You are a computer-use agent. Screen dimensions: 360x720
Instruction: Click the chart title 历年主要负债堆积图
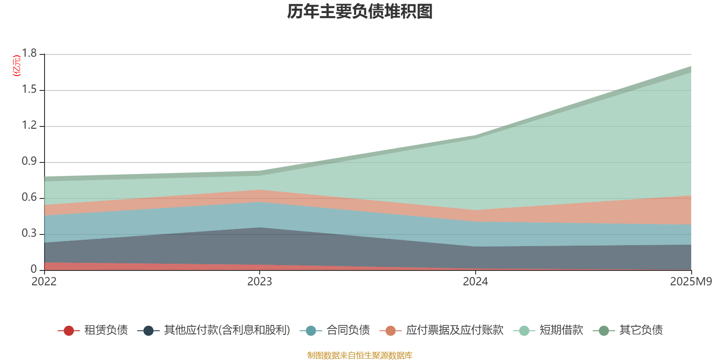[360, 12]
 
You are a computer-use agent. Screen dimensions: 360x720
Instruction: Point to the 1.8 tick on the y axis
[30, 54]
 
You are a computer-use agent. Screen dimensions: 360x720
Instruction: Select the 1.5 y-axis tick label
[30, 90]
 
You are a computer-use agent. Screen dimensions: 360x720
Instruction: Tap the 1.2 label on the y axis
[30, 126]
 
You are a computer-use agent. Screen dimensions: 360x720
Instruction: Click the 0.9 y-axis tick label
[30, 162]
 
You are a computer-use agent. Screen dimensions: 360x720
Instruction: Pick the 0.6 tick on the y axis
[30, 198]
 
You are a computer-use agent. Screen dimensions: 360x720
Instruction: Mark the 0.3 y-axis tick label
[30, 234]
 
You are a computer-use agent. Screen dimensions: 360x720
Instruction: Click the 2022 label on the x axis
[44, 282]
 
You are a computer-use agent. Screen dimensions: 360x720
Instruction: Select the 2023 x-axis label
[260, 282]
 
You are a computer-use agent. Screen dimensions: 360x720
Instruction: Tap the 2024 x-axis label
[475, 282]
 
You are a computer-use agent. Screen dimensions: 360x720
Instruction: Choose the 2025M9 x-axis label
[691, 282]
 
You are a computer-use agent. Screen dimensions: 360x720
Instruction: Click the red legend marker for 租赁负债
[68, 331]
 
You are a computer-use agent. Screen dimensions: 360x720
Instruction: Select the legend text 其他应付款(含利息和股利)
[227, 330]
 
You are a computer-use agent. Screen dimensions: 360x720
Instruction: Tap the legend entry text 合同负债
[348, 330]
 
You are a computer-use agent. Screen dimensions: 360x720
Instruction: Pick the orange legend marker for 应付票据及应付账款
[391, 331]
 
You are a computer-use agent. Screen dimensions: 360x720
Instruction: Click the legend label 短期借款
[561, 330]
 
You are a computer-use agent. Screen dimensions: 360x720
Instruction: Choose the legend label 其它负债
[641, 330]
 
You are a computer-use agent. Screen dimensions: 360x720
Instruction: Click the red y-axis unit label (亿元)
[16, 66]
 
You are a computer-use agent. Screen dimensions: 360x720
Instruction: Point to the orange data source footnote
[360, 355]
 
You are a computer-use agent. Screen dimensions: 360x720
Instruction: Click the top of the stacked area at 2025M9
[691, 67]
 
